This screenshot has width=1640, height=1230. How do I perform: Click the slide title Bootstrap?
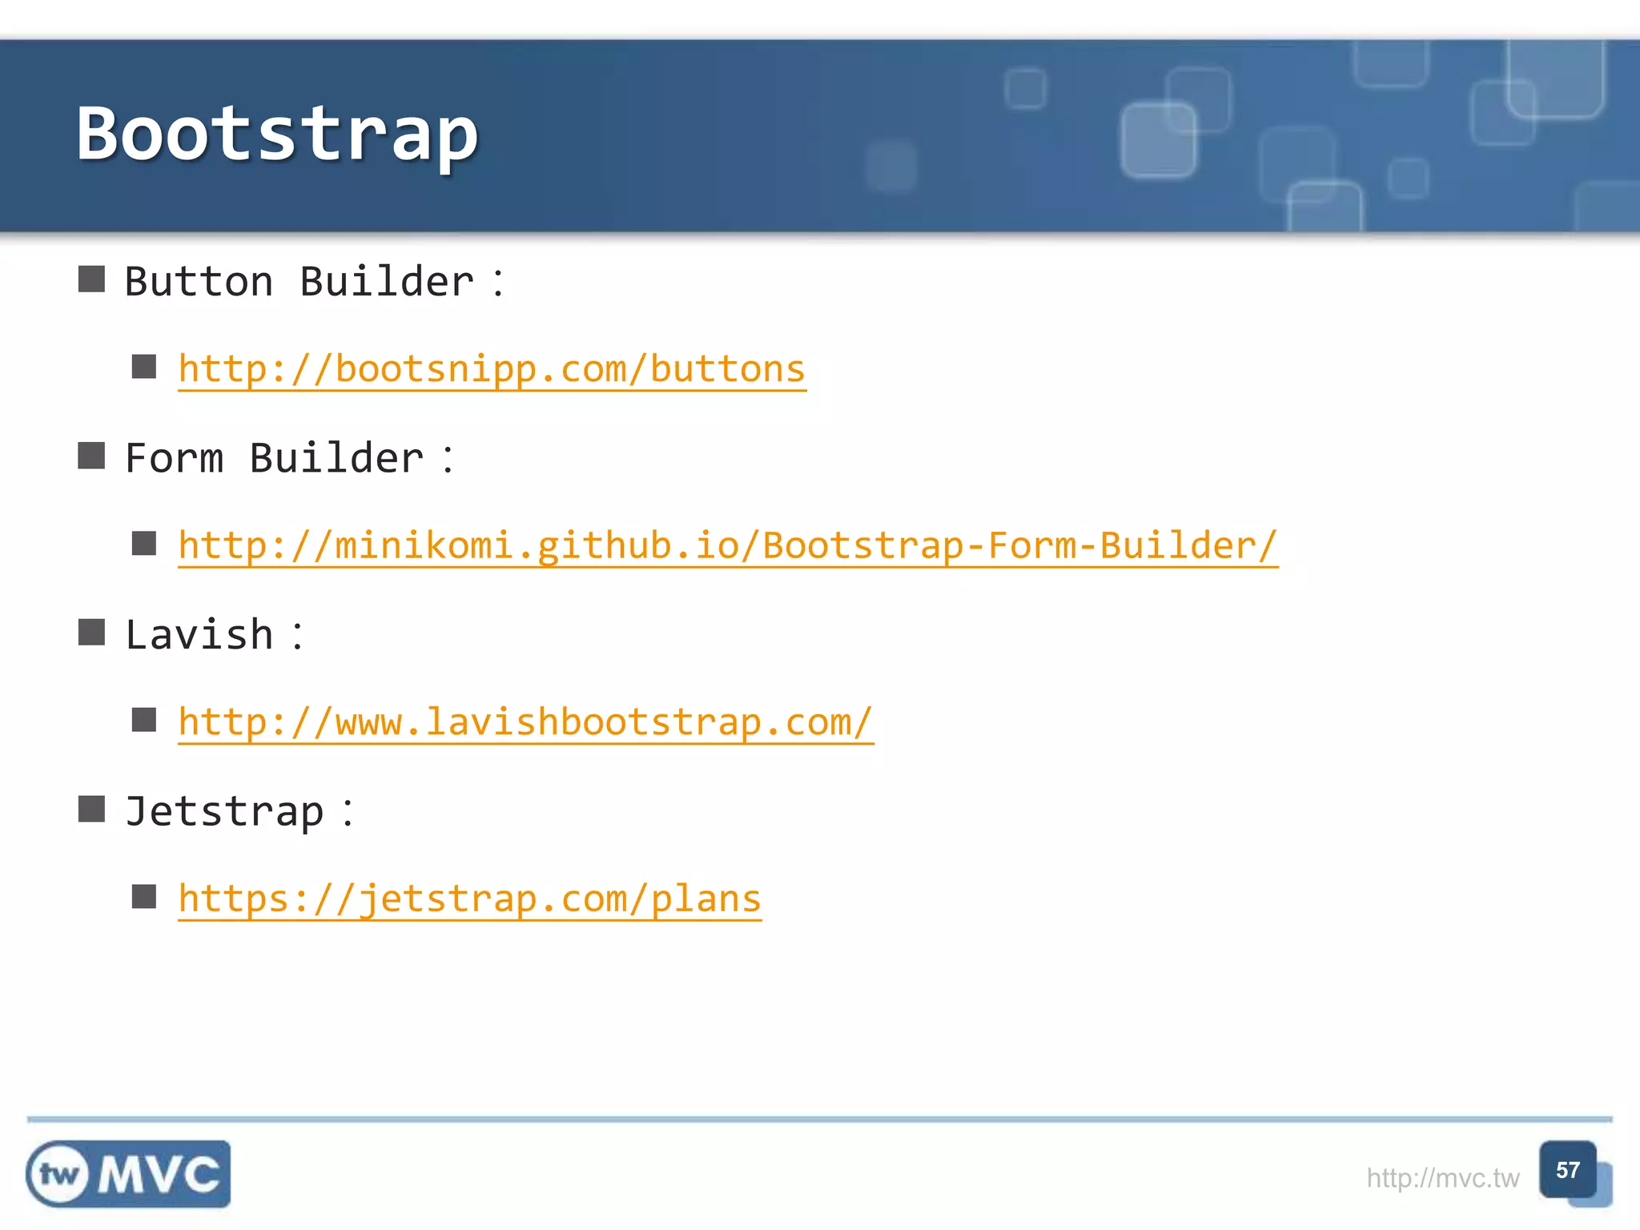coord(277,135)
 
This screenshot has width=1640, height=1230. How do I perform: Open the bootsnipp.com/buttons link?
coord(492,369)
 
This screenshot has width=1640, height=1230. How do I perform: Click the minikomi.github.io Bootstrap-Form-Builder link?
coord(727,546)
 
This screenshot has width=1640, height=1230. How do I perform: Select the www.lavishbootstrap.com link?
coord(525,722)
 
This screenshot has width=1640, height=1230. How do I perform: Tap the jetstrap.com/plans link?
coord(469,899)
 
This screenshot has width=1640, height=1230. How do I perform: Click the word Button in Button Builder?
coord(199,282)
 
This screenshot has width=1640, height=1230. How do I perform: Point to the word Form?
coord(174,459)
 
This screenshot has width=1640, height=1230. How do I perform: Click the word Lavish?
coord(199,635)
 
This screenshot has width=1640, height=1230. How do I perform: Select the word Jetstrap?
coord(224,812)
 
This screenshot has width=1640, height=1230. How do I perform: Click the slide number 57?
coord(1567,1171)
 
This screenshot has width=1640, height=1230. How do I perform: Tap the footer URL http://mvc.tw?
coord(1442,1178)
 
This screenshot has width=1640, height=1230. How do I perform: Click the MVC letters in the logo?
coord(159,1175)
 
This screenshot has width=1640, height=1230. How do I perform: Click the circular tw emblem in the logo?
coord(58,1175)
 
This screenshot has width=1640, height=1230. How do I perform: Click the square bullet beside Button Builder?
coord(91,279)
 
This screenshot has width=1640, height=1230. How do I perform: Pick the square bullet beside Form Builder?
coord(91,456)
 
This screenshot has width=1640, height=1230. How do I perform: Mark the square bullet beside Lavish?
coord(91,633)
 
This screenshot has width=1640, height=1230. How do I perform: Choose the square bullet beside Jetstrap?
coord(91,809)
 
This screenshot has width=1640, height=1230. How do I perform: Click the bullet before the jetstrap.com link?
coord(144,896)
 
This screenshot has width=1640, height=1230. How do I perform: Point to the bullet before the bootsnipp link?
coord(144,367)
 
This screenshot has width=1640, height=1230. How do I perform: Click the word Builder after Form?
coord(336,459)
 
